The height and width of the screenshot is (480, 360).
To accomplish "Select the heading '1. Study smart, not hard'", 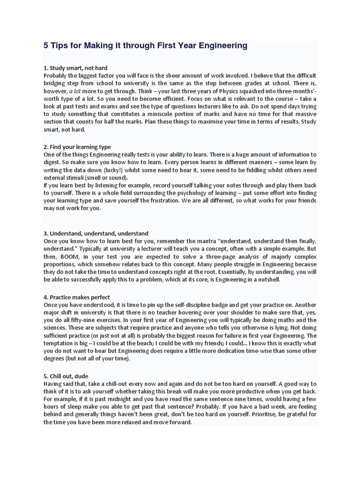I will pyautogui.click(x=75, y=68).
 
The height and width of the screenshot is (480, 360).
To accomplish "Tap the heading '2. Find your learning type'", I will pyautogui.click(x=77, y=147).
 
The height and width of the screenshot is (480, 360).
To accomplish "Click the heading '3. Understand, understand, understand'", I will pyautogui.click(x=96, y=233).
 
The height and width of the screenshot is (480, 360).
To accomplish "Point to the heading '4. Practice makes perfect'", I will pyautogui.click(x=76, y=297).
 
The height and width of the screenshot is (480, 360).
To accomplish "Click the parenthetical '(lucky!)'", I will pyautogui.click(x=123, y=170).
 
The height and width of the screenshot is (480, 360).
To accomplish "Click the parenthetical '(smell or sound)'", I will pyautogui.click(x=102, y=177).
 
